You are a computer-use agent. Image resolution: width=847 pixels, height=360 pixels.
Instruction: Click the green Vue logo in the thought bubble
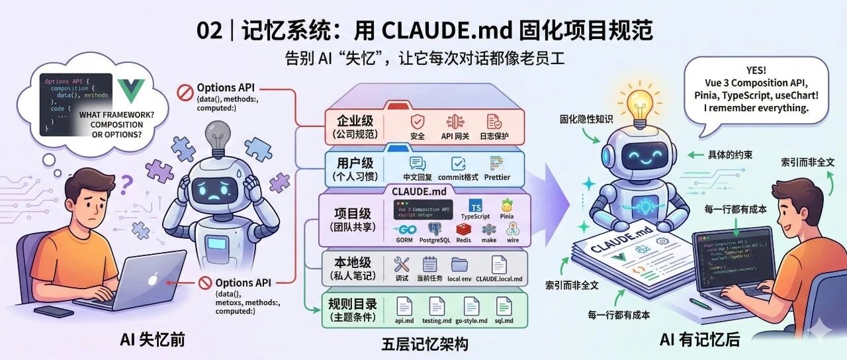click(131, 93)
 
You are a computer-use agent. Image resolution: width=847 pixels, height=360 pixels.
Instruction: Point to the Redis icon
click(463, 230)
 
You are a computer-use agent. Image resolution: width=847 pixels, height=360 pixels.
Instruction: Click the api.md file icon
click(404, 306)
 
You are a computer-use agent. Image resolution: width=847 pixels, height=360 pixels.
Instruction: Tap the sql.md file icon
click(504, 306)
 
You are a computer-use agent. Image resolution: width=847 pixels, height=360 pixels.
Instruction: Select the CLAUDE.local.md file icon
click(499, 265)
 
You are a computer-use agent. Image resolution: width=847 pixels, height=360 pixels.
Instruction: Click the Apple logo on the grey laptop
click(152, 280)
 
